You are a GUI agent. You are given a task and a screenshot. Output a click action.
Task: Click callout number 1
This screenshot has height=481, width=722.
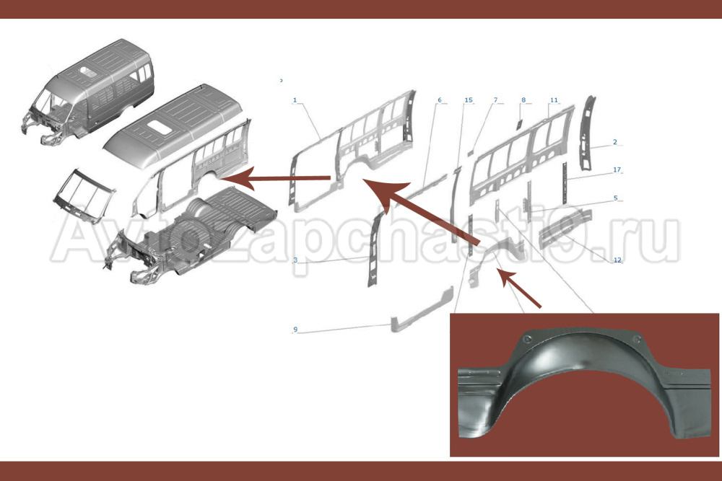(x=295, y=100)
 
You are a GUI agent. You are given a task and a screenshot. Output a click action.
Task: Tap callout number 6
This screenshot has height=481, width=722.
(x=440, y=100)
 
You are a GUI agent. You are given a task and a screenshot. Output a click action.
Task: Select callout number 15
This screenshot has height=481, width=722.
(x=469, y=100)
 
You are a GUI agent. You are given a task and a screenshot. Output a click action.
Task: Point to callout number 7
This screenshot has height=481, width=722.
(x=495, y=100)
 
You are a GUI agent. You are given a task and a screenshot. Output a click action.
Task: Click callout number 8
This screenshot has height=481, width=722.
(x=523, y=100)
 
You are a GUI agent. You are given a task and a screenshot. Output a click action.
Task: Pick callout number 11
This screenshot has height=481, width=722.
(x=554, y=100)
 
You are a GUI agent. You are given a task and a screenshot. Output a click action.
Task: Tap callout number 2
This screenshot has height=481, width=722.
(x=614, y=142)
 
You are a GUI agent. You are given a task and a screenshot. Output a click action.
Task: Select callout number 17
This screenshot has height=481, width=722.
(x=617, y=169)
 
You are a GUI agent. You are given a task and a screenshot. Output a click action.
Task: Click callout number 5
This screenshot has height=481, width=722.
(x=616, y=198)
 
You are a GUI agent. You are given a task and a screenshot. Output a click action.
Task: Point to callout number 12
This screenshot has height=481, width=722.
(x=617, y=260)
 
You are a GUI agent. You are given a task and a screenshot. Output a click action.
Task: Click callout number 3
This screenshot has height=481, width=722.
(x=295, y=260)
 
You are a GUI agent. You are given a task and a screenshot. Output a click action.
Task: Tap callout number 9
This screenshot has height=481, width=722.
(x=295, y=330)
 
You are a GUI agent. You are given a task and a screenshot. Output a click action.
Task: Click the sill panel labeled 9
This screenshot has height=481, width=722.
(x=422, y=310)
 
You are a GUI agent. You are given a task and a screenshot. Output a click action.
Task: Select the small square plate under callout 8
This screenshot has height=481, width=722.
(x=518, y=124)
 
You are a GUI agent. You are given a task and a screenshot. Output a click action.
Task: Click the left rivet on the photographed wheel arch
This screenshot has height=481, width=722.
(x=526, y=340)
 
